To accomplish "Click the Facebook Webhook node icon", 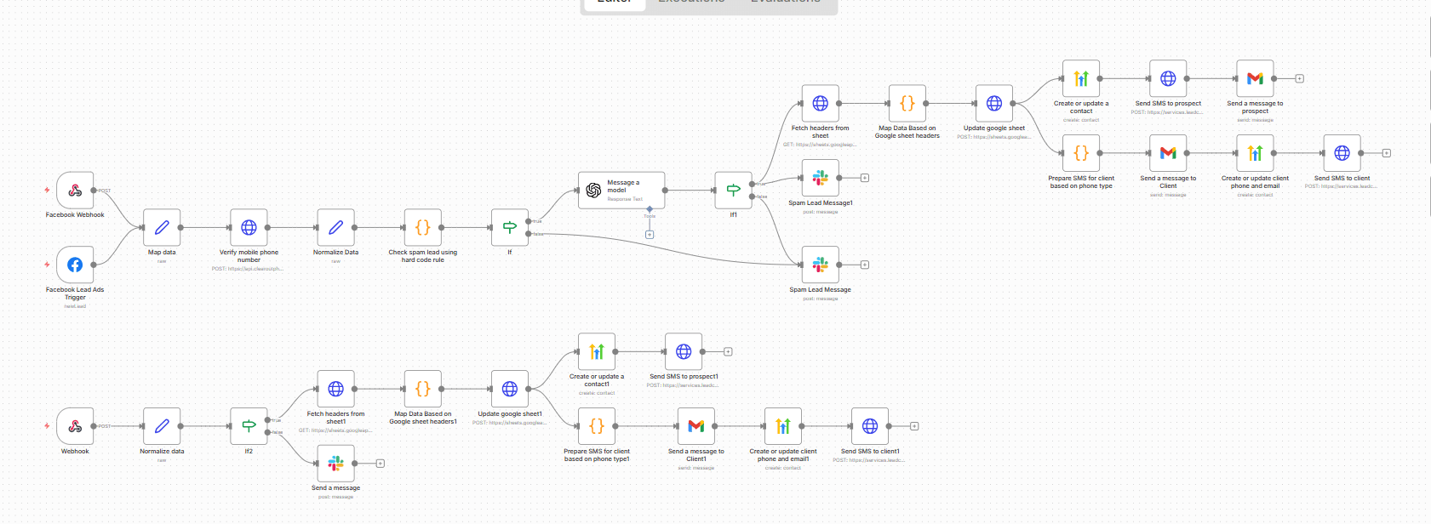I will point(75,191).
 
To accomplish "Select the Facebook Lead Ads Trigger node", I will point(75,265).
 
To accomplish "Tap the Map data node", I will point(162,227).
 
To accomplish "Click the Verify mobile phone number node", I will point(249,227).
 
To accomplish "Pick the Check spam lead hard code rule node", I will point(422,227).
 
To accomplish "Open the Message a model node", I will point(621,191).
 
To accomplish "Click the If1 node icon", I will point(733,191).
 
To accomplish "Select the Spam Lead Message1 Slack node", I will point(820,178).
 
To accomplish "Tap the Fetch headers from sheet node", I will point(820,103).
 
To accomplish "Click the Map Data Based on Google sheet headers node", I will point(907,103).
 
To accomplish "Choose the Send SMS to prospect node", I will point(1168,78).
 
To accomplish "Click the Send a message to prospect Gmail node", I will point(1255,78).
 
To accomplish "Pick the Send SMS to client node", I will point(1342,153).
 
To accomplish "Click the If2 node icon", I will point(249,425).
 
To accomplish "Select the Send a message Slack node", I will point(335,463).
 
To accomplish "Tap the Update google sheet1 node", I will point(509,389).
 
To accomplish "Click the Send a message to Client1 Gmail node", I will point(695,425).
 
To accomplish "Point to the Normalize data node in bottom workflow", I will point(162,425).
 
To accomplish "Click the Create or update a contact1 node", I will point(596,351).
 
